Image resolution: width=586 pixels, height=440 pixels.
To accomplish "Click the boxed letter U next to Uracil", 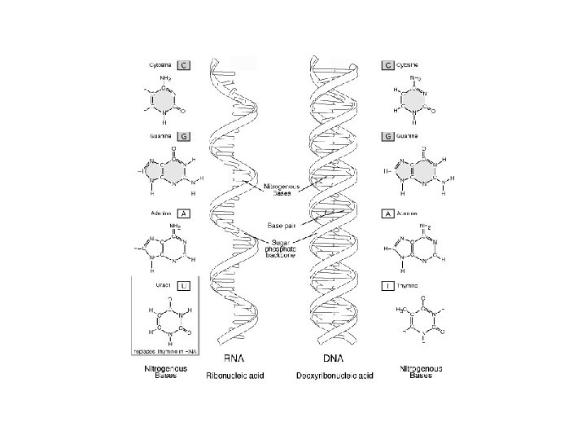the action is point(184,286).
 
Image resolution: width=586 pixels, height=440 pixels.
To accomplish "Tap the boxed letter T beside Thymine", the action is point(389,287).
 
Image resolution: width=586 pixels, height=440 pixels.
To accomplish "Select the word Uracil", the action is point(158,286).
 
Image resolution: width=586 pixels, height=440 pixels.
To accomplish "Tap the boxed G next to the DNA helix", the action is point(389,137).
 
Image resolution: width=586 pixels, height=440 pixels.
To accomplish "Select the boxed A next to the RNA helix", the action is point(184,213).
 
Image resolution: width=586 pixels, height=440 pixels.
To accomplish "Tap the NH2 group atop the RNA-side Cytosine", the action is point(166,78).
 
